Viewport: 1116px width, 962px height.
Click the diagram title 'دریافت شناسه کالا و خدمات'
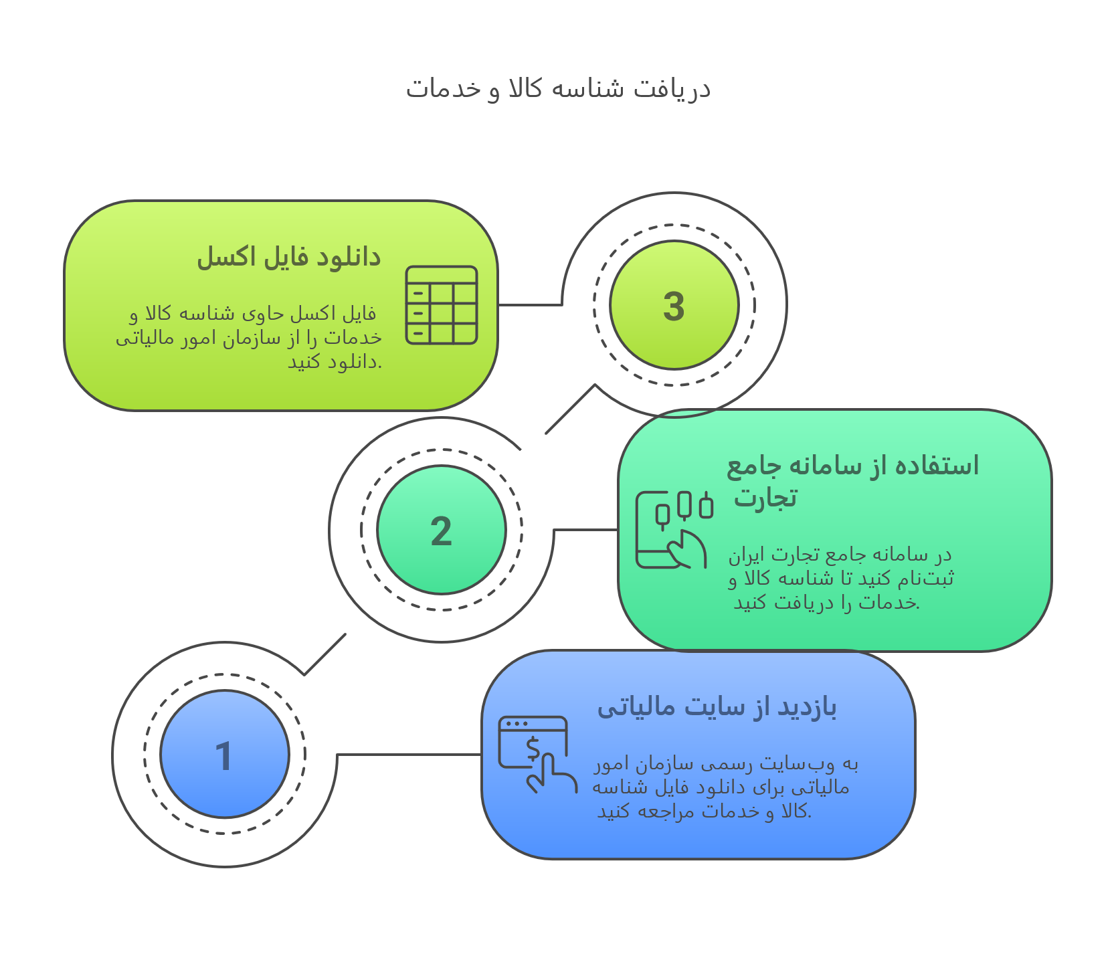coord(558,89)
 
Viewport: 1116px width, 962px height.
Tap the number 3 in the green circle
coord(674,306)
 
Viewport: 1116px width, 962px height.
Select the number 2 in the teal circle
coord(441,532)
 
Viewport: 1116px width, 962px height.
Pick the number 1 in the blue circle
coord(223,757)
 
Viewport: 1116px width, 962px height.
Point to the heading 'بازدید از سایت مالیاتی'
coord(717,707)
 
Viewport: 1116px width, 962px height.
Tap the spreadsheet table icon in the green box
coord(442,305)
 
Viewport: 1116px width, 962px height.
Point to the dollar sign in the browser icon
coord(533,749)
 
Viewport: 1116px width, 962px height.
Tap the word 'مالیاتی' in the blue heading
coord(636,707)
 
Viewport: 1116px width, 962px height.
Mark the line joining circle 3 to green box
coord(531,305)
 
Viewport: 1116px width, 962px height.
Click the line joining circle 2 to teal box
coord(586,530)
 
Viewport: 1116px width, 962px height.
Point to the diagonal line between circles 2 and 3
coord(570,409)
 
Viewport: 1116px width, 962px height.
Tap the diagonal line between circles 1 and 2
coord(324,654)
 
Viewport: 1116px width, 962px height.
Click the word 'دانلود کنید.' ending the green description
coord(335,362)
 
